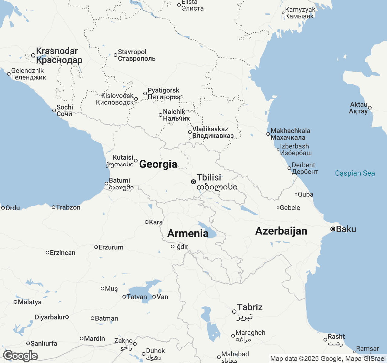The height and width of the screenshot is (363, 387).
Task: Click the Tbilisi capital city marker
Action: point(193,182)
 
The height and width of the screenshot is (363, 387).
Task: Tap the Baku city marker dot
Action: point(333,229)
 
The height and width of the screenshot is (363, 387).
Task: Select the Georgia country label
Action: point(158,164)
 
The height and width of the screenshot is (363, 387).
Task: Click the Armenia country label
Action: point(188,234)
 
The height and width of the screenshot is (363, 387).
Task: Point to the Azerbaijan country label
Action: point(281,231)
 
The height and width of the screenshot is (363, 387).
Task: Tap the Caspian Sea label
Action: point(355,173)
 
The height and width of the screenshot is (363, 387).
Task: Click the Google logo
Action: point(20,356)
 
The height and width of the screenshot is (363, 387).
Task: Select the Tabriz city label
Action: point(250,307)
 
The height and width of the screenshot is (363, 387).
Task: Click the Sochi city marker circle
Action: point(54,110)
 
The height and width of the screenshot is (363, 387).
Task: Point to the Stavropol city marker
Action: point(115,55)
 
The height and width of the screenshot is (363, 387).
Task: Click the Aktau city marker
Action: point(370,108)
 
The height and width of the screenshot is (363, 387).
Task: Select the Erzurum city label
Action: point(111,247)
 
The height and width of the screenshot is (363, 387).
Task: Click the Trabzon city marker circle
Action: point(54,207)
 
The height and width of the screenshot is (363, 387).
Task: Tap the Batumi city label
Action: point(119,181)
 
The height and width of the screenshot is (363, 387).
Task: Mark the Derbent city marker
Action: point(289,168)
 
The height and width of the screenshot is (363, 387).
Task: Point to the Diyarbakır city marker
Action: point(67,317)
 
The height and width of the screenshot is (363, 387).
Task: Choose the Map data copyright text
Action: point(328,359)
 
